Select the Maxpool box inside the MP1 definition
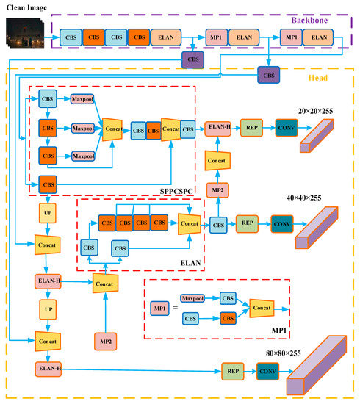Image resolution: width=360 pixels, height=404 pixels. (192, 298)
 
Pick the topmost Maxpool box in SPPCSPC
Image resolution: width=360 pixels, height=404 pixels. (82, 98)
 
